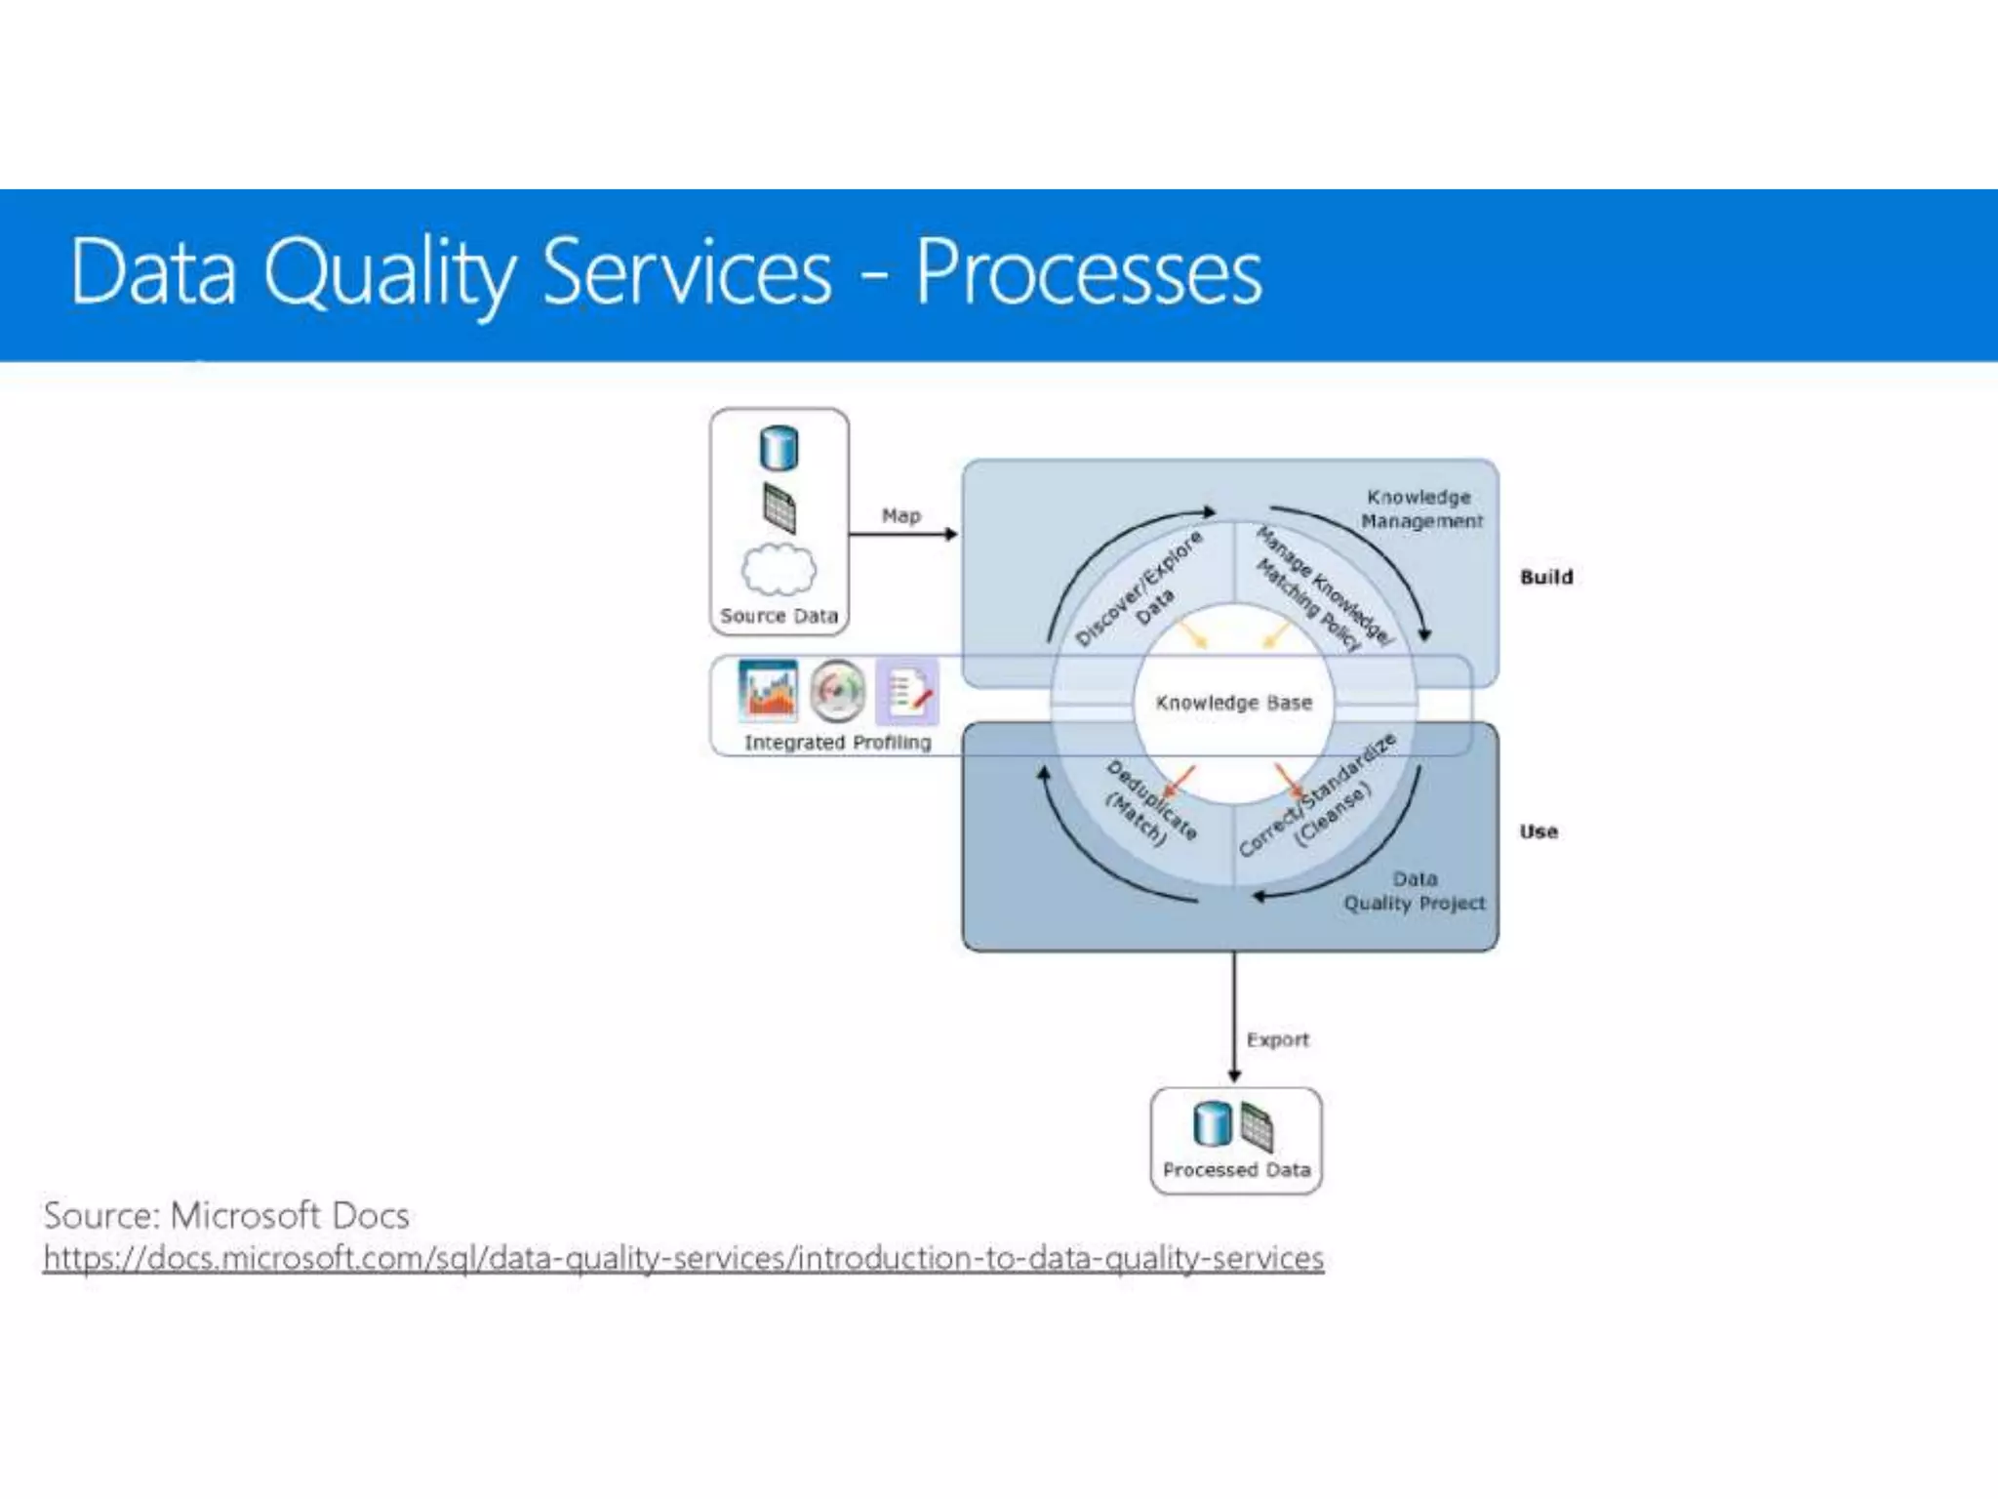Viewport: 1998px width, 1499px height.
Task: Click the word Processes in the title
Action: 1088,272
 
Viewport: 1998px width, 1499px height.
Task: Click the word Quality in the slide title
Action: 387,274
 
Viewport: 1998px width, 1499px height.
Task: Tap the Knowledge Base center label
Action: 1233,703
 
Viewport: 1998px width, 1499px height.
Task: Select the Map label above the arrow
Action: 900,515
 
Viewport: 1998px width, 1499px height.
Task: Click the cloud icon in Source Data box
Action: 779,569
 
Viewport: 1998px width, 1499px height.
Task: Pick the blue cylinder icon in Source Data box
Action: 779,448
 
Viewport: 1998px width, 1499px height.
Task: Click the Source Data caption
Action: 779,616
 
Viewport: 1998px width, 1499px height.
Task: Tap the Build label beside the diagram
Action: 1546,577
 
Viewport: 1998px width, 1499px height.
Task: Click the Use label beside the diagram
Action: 1538,831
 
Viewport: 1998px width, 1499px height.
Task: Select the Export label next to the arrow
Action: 1277,1039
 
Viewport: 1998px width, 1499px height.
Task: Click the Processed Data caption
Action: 1236,1169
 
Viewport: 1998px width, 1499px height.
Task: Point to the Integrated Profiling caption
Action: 837,742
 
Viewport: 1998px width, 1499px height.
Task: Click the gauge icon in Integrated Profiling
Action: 837,690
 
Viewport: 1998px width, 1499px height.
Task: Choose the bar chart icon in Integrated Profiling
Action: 768,689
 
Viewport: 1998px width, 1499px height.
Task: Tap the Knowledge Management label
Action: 1420,508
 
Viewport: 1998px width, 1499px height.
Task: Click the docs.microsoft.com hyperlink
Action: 683,1258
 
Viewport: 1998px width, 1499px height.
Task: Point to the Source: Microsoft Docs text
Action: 226,1215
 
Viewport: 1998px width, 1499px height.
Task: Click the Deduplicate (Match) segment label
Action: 1150,802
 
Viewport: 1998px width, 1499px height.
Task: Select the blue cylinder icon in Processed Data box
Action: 1212,1123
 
